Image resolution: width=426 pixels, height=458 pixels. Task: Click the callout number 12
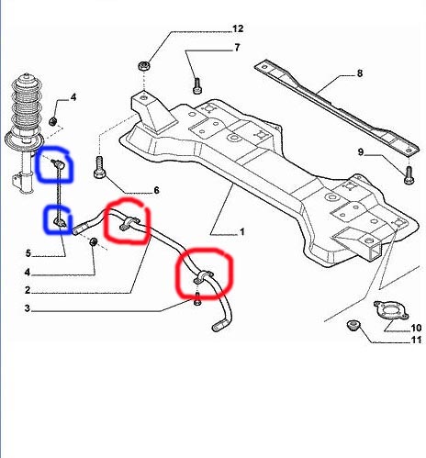pyautogui.click(x=238, y=28)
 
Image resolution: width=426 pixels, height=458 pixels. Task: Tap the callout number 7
pyautogui.click(x=237, y=48)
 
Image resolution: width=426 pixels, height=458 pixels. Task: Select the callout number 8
pyautogui.click(x=360, y=73)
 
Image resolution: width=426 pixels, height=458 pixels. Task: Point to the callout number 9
pyautogui.click(x=361, y=151)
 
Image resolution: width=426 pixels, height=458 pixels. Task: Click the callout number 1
pyautogui.click(x=242, y=232)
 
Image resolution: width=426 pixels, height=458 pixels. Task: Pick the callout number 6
pyautogui.click(x=156, y=190)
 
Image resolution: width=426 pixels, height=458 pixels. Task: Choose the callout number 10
pyautogui.click(x=416, y=328)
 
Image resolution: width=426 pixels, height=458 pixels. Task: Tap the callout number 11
pyautogui.click(x=417, y=340)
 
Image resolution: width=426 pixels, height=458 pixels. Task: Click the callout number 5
pyautogui.click(x=28, y=253)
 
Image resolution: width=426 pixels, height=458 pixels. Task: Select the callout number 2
pyautogui.click(x=28, y=290)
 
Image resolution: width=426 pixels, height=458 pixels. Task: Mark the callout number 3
pyautogui.click(x=28, y=308)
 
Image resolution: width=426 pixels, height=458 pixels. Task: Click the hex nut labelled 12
pyautogui.click(x=143, y=65)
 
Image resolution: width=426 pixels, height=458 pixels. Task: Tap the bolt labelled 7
pyautogui.click(x=196, y=85)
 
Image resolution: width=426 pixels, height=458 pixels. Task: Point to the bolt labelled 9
pyautogui.click(x=409, y=175)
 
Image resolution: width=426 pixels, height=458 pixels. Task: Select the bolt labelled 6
pyautogui.click(x=99, y=167)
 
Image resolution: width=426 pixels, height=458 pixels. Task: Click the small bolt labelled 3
pyautogui.click(x=197, y=298)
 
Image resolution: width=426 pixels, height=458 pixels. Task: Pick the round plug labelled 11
pyautogui.click(x=353, y=325)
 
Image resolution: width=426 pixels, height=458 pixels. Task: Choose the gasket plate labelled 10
pyautogui.click(x=391, y=311)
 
